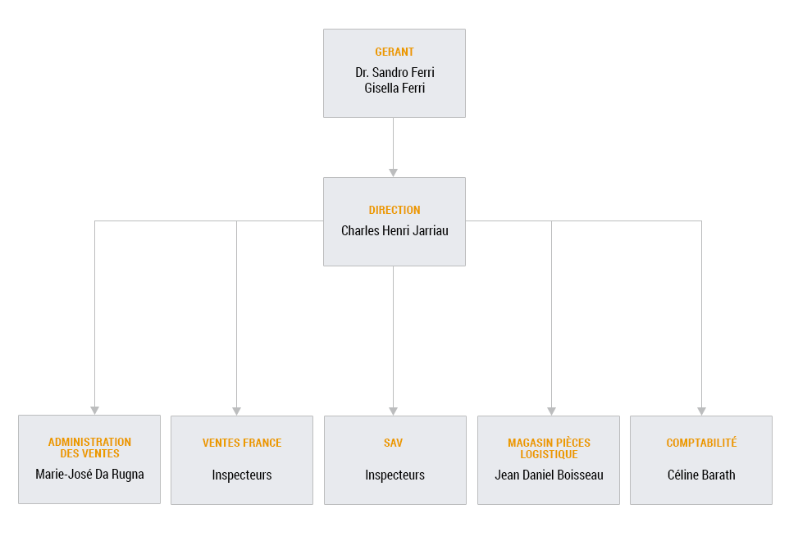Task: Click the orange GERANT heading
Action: click(x=394, y=52)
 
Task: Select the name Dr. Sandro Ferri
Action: click(x=394, y=72)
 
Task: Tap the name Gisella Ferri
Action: click(x=394, y=88)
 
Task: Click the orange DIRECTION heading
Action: click(x=394, y=210)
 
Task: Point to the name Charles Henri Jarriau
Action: click(x=394, y=231)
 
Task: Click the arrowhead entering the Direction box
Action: click(x=394, y=173)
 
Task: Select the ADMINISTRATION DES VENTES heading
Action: click(x=89, y=448)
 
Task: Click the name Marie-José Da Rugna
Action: click(x=89, y=474)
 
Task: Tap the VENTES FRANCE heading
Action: click(x=242, y=443)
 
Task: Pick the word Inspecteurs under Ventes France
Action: click(x=242, y=475)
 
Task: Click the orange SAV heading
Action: click(x=394, y=443)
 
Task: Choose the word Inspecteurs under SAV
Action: click(x=395, y=475)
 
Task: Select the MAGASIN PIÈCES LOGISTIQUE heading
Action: click(x=549, y=448)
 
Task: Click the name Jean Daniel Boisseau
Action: click(x=549, y=475)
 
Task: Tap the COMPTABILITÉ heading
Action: click(x=701, y=443)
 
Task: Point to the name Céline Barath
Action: click(x=701, y=475)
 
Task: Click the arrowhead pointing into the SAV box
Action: click(x=394, y=411)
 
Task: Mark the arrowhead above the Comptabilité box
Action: click(x=701, y=411)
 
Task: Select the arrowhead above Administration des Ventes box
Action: click(x=94, y=411)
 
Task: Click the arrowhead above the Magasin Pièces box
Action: click(x=551, y=411)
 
